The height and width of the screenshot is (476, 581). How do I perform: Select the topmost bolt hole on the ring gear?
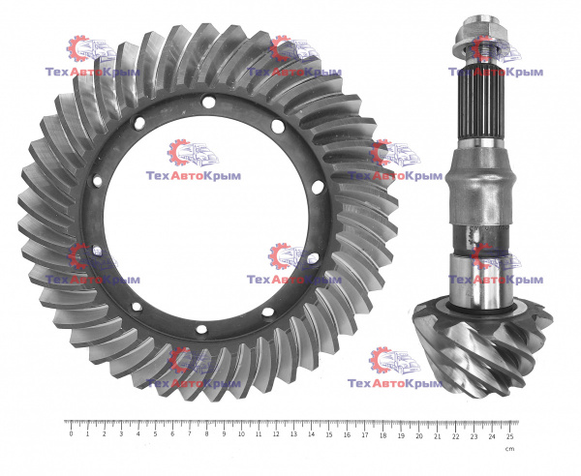pyautogui.click(x=209, y=102)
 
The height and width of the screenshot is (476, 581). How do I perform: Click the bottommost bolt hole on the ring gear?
pyautogui.click(x=201, y=329)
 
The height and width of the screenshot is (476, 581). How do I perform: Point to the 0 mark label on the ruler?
pyautogui.click(x=71, y=434)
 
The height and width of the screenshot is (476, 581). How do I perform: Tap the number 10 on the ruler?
pyautogui.click(x=241, y=434)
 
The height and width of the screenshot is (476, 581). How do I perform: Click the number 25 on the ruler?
pyautogui.click(x=510, y=436)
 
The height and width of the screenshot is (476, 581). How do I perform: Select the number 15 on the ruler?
pyautogui.click(x=328, y=434)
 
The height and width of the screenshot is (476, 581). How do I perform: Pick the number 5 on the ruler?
pyautogui.click(x=155, y=434)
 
